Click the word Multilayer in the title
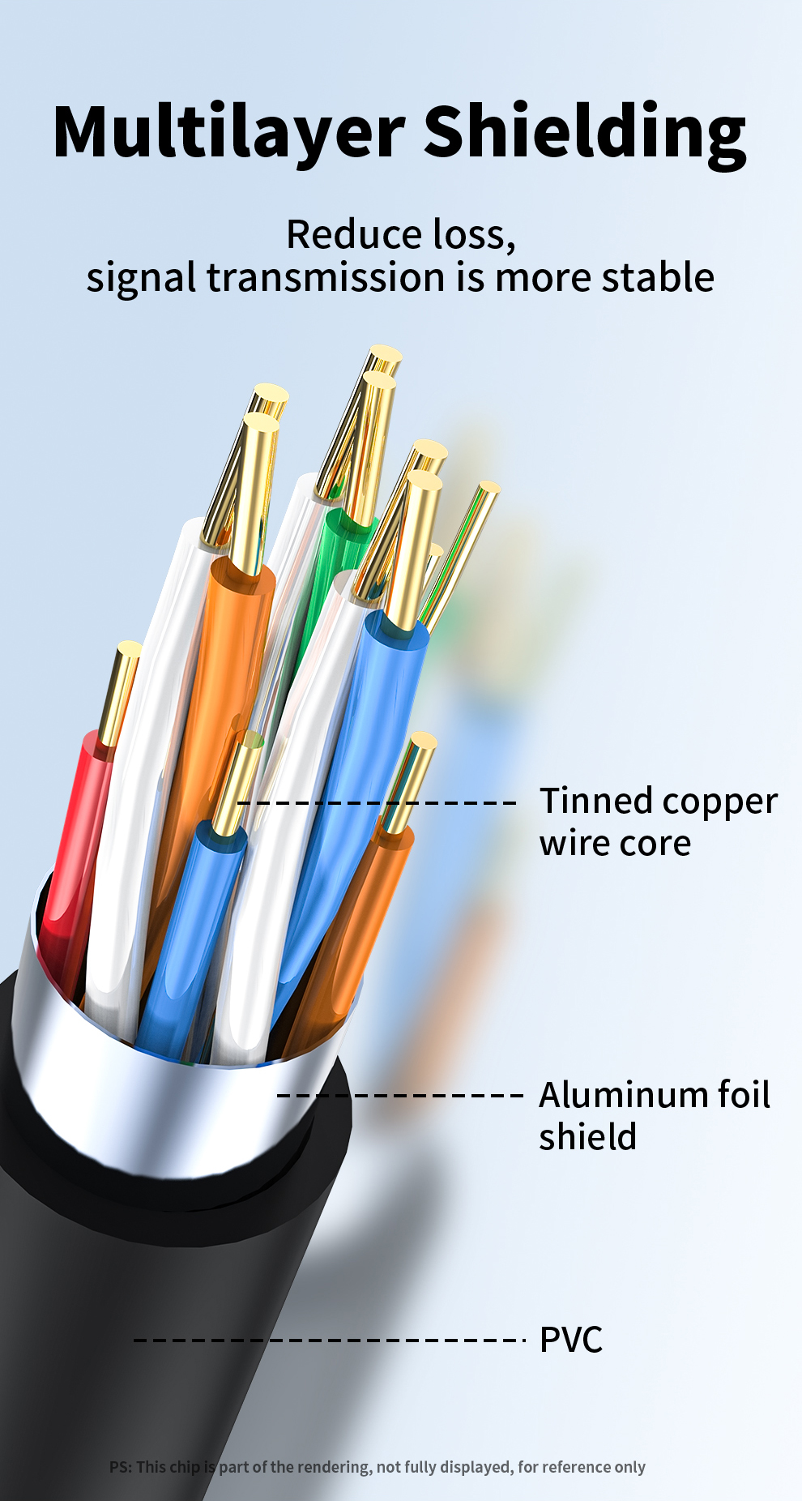[228, 132]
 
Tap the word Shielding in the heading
[584, 132]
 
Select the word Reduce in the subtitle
[353, 235]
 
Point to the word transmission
[326, 278]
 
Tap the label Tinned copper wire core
[658, 821]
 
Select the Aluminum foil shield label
[654, 1115]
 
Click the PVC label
[571, 1340]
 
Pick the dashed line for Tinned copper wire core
[376, 802]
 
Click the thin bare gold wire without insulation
[463, 551]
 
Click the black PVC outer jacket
[122, 1297]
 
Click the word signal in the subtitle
[141, 278]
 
